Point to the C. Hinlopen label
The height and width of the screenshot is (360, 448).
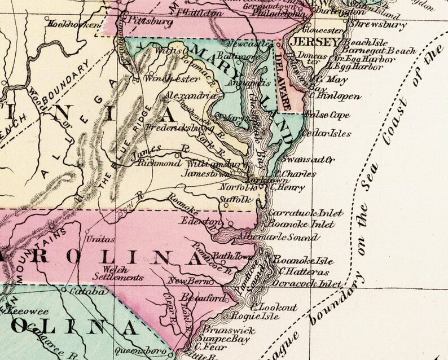click(x=331, y=96)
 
